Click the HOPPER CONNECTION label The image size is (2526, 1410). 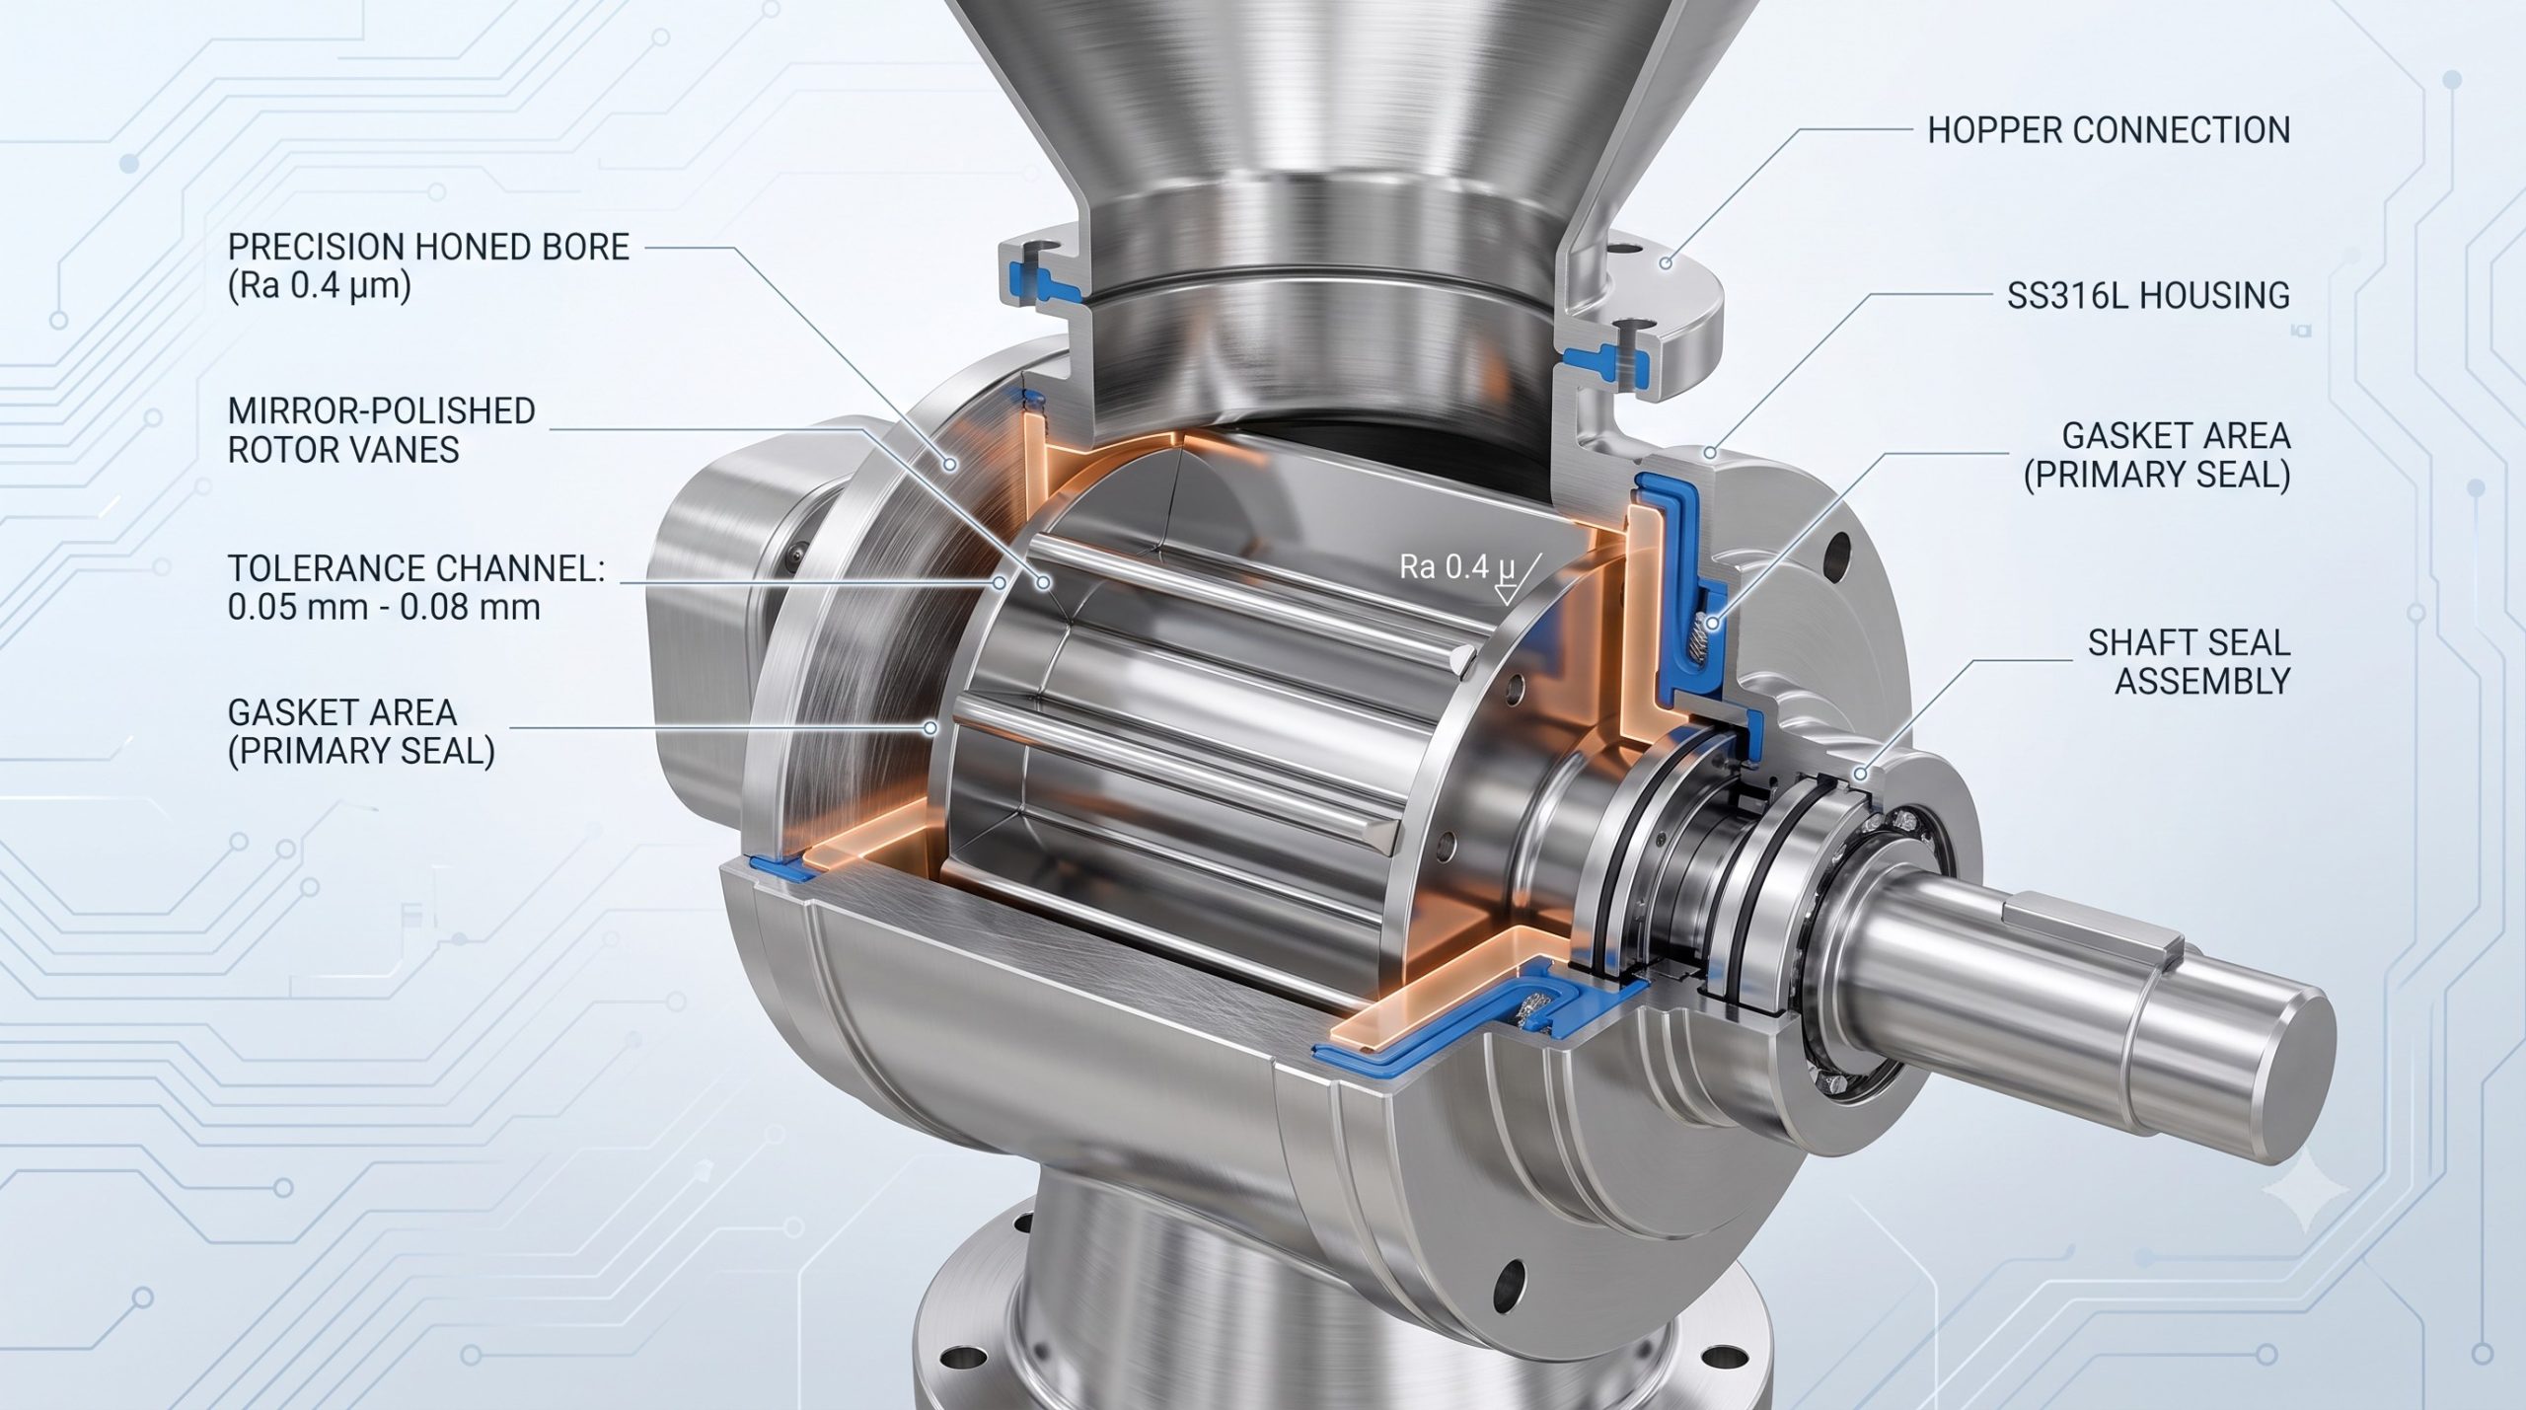pos(2109,130)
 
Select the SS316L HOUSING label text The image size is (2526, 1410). pos(2148,295)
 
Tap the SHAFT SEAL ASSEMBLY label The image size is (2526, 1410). pos(2189,662)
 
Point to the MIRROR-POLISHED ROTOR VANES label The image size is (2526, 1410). pos(382,430)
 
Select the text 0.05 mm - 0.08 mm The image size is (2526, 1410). pos(384,607)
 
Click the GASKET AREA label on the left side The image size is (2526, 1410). pos(361,731)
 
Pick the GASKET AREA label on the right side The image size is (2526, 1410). pos(2156,455)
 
